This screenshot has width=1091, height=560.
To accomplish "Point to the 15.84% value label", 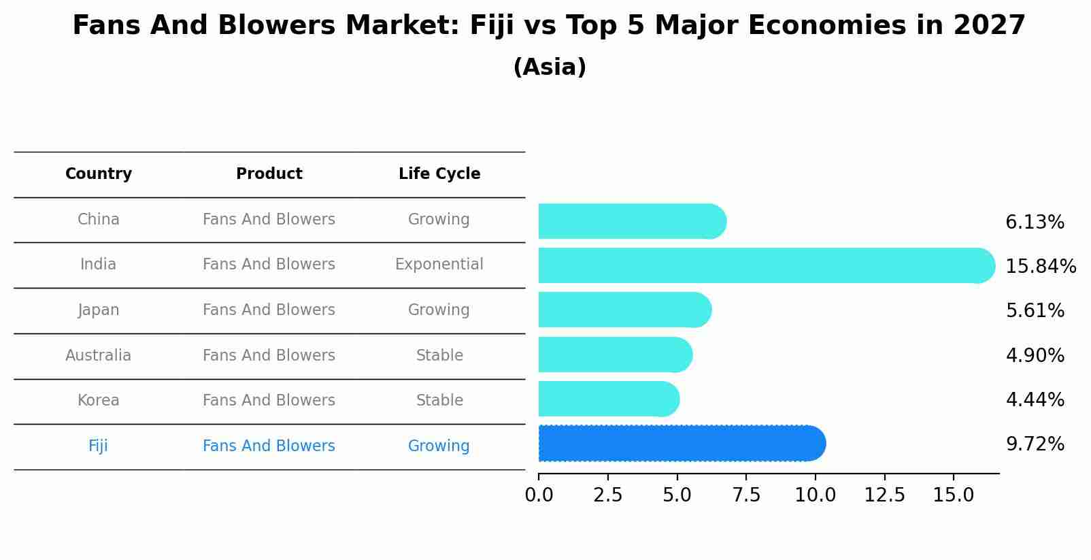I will (1040, 266).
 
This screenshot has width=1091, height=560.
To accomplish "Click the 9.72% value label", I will (1035, 444).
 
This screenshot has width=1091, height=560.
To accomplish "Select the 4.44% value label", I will (1035, 399).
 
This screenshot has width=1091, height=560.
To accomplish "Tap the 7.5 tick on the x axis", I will (746, 495).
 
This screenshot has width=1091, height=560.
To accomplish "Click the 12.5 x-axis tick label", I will (884, 495).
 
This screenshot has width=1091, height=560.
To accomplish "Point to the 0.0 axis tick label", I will (539, 495).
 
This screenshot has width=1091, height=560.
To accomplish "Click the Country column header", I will (99, 174).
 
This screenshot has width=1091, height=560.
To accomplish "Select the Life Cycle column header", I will (439, 174).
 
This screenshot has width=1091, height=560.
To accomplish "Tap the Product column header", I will (269, 174).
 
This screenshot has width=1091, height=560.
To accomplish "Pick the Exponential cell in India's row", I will (439, 265).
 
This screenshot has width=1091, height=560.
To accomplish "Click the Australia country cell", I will (99, 356).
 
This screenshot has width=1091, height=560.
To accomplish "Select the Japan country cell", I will (99, 310).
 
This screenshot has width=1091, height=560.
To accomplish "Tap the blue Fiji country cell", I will (98, 446).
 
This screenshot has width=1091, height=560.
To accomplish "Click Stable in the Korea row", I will (439, 401).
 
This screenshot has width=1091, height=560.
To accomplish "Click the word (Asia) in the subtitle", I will (550, 67).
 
